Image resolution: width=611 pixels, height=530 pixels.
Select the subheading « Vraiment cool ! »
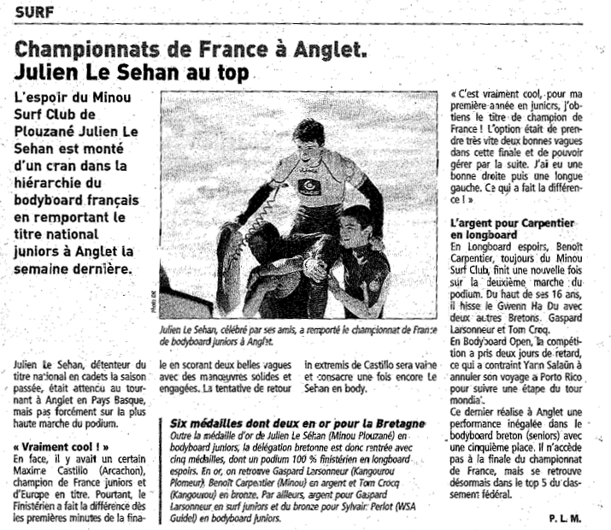pos(63,445)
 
